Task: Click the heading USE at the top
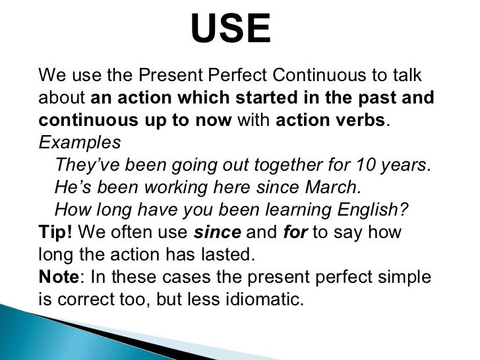230,30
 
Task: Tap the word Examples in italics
80,142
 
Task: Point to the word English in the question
374,210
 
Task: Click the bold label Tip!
57,233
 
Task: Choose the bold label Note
59,278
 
